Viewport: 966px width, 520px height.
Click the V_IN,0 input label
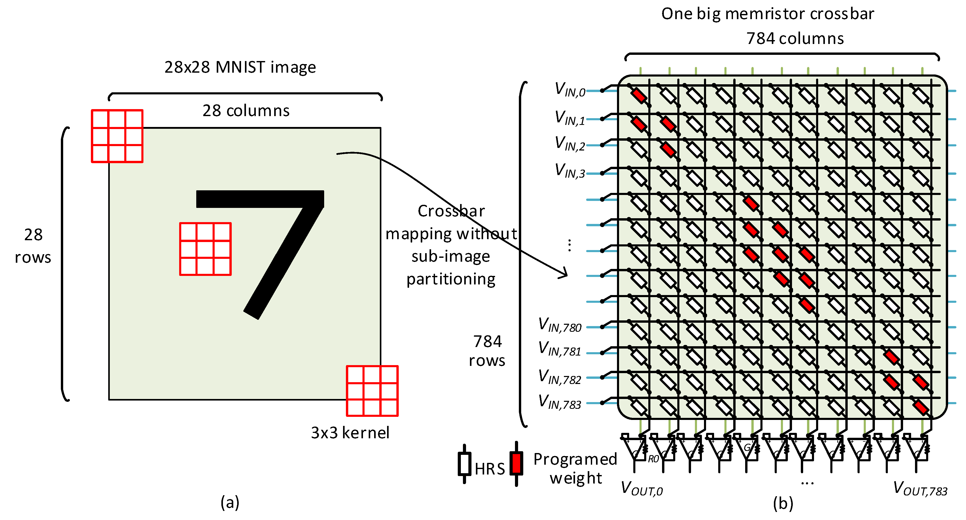pyautogui.click(x=570, y=90)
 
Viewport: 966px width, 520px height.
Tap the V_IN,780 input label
pyautogui.click(x=560, y=325)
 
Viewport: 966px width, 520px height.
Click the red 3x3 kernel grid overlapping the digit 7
pyautogui.click(x=205, y=249)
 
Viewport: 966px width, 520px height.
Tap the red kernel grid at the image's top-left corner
pyautogui.click(x=117, y=136)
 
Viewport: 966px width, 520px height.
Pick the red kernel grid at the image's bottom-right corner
pyautogui.click(x=372, y=391)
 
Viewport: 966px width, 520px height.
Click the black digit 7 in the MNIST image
pyautogui.click(x=285, y=240)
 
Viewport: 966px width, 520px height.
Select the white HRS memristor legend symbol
pyautogui.click(x=464, y=464)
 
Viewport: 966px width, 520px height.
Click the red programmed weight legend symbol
pyautogui.click(x=516, y=463)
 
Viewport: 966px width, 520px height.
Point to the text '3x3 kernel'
pyautogui.click(x=350, y=433)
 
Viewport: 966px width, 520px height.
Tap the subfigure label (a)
pyautogui.click(x=229, y=502)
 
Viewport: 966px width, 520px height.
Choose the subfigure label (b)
pyautogui.click(x=783, y=503)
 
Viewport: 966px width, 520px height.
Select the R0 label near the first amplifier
pyautogui.click(x=653, y=459)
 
